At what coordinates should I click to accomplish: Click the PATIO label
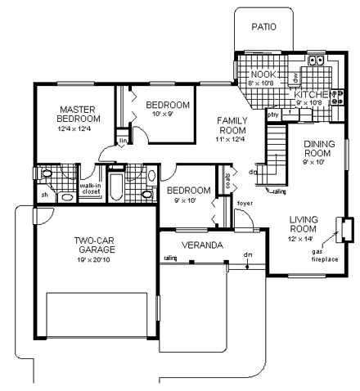click(x=263, y=26)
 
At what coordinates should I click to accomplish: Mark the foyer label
click(x=244, y=202)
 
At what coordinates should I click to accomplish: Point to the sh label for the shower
click(x=43, y=194)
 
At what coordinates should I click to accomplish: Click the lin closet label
click(x=123, y=141)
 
